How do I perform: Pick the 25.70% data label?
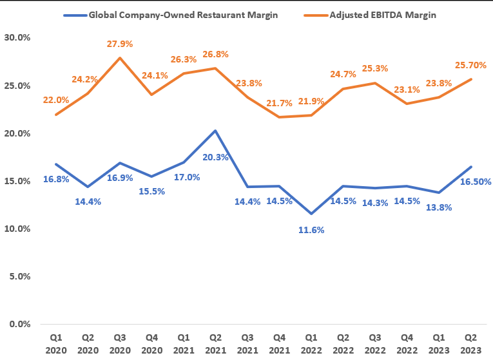tap(469, 65)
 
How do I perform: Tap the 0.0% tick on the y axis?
tap(19, 324)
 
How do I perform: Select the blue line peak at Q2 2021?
tap(215, 131)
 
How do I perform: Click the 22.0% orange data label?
tap(56, 100)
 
